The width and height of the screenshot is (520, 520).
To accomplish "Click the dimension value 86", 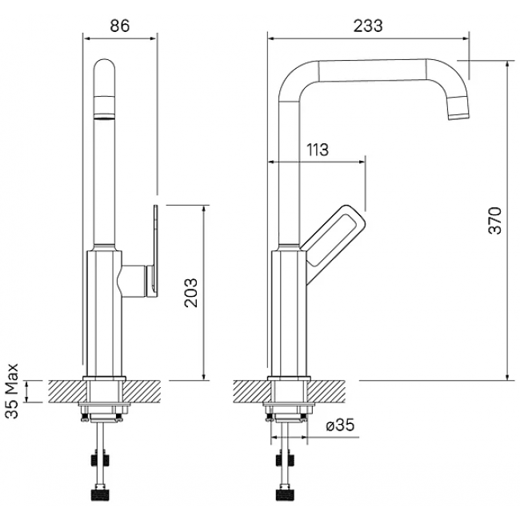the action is click(120, 26).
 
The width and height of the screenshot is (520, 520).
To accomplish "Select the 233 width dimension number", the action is click(368, 26).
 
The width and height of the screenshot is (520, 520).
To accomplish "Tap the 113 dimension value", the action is click(318, 150).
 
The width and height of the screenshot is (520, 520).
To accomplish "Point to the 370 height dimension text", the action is click(495, 221).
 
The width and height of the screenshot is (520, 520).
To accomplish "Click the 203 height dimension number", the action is click(191, 293).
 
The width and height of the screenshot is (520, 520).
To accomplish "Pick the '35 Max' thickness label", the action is click(12, 391).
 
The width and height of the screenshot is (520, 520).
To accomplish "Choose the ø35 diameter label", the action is click(340, 425).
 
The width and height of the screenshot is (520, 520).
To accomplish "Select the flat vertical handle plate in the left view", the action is click(155, 251).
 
